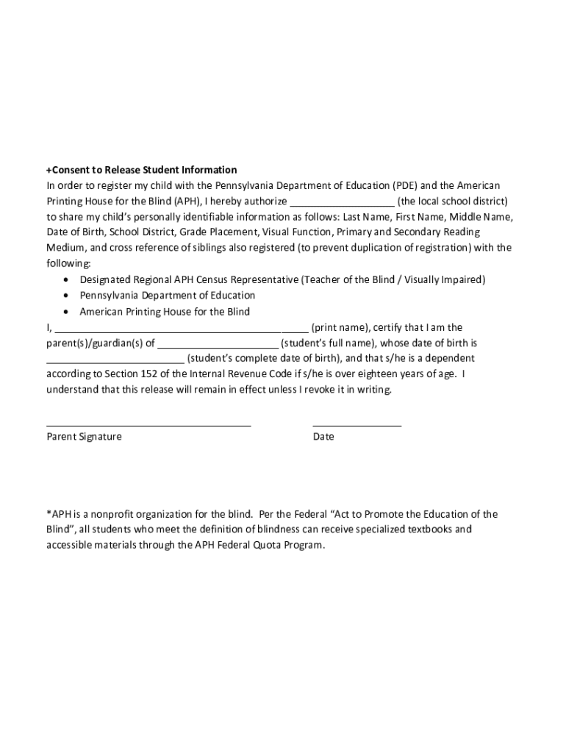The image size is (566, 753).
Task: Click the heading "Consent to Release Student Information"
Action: tap(143, 170)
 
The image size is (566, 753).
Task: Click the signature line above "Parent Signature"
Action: tap(148, 425)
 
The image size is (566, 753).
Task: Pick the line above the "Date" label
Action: tap(357, 425)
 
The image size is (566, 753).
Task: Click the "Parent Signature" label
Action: tap(85, 437)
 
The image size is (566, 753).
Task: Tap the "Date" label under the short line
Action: tap(323, 437)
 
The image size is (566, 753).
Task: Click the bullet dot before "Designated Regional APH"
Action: tap(67, 280)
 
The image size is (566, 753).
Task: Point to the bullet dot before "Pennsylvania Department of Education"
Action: tap(67, 296)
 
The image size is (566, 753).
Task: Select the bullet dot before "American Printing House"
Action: tap(67, 312)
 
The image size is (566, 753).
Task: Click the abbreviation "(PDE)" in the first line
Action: tap(404, 185)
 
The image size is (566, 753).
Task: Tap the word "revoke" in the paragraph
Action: tap(317, 390)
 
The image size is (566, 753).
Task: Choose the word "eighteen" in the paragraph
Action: tap(370, 374)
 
